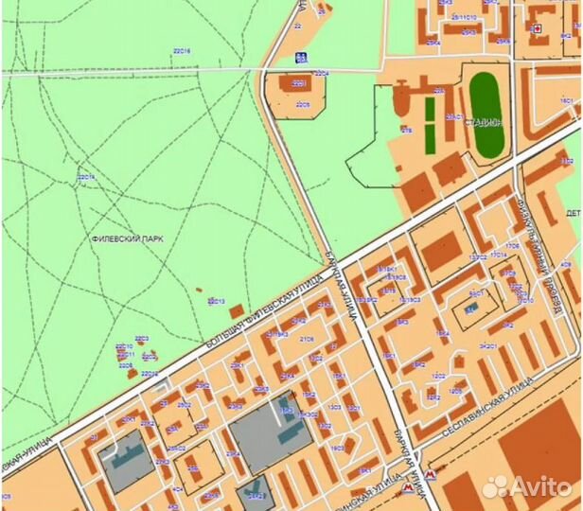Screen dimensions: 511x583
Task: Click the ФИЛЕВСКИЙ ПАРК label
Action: click(x=127, y=239)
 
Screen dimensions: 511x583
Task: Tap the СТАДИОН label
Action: click(x=485, y=122)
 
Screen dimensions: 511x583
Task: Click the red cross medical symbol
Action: click(x=538, y=29)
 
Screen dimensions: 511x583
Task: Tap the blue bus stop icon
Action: click(x=301, y=58)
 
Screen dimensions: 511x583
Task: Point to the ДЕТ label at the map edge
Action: click(x=574, y=214)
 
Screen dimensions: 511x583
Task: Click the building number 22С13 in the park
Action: click(x=216, y=301)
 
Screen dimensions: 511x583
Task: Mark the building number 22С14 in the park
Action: click(x=86, y=177)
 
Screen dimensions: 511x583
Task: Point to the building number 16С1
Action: click(x=567, y=101)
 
